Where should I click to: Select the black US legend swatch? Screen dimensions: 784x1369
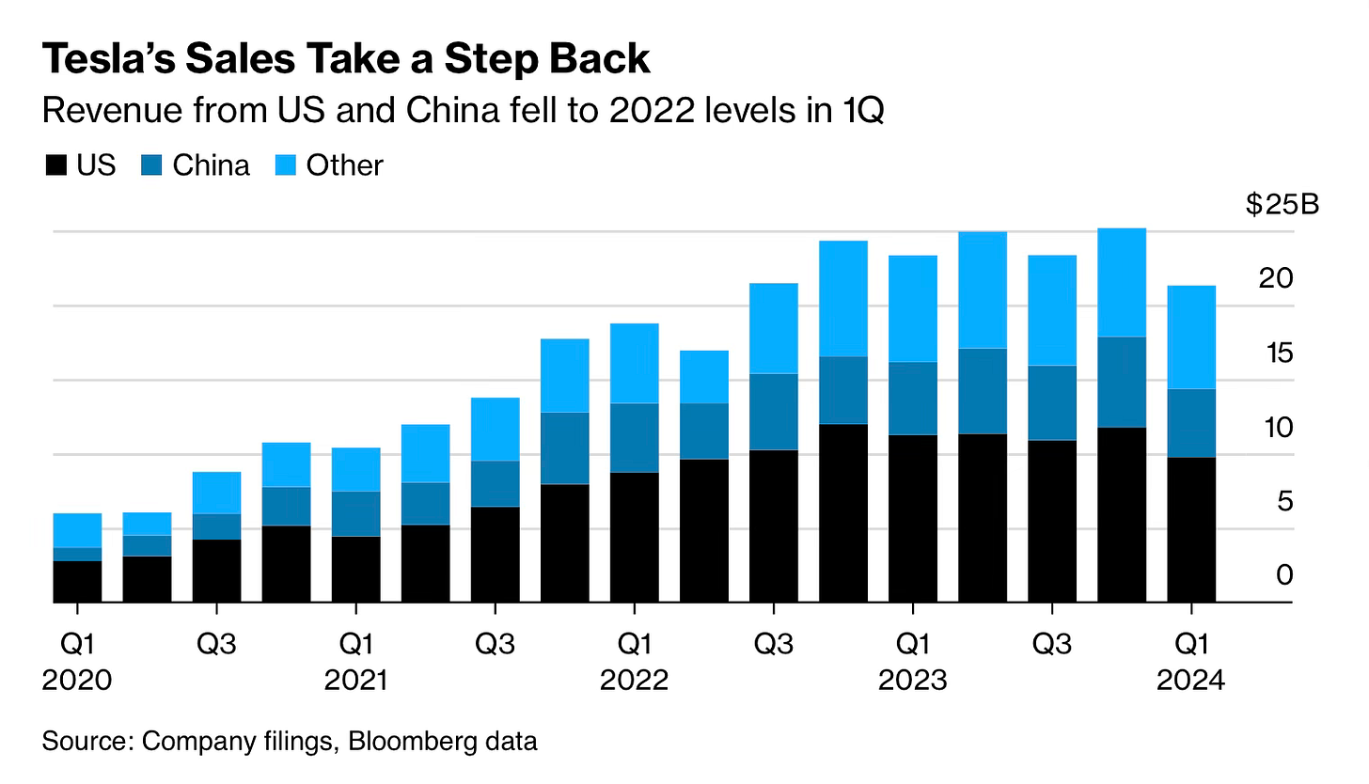click(55, 166)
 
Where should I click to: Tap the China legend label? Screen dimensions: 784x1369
click(212, 165)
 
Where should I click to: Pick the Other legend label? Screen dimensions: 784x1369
click(345, 165)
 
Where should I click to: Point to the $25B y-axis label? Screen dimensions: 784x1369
click(1282, 205)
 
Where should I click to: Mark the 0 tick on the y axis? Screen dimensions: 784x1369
click(1284, 574)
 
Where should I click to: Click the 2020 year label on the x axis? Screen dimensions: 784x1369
click(77, 679)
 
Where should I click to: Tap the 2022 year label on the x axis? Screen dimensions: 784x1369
click(634, 679)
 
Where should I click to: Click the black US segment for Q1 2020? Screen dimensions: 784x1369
click(77, 581)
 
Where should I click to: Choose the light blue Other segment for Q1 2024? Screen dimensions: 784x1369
click(1191, 337)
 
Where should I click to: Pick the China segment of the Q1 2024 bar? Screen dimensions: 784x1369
click(1191, 423)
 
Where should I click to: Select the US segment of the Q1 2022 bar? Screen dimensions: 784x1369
click(635, 537)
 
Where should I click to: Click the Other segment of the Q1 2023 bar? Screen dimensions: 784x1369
click(913, 308)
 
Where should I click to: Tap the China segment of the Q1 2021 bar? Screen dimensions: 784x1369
click(356, 513)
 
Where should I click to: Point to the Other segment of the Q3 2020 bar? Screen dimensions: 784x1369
click(216, 493)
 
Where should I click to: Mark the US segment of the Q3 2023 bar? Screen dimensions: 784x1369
click(1052, 521)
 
